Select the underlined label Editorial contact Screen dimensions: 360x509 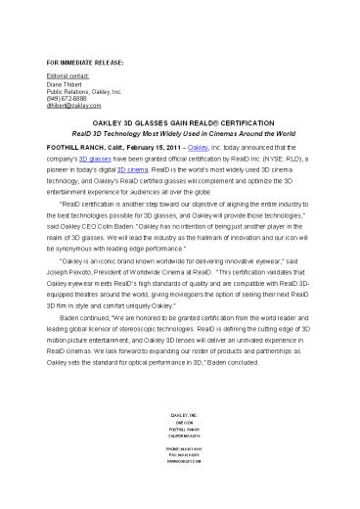[x=71, y=75]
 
